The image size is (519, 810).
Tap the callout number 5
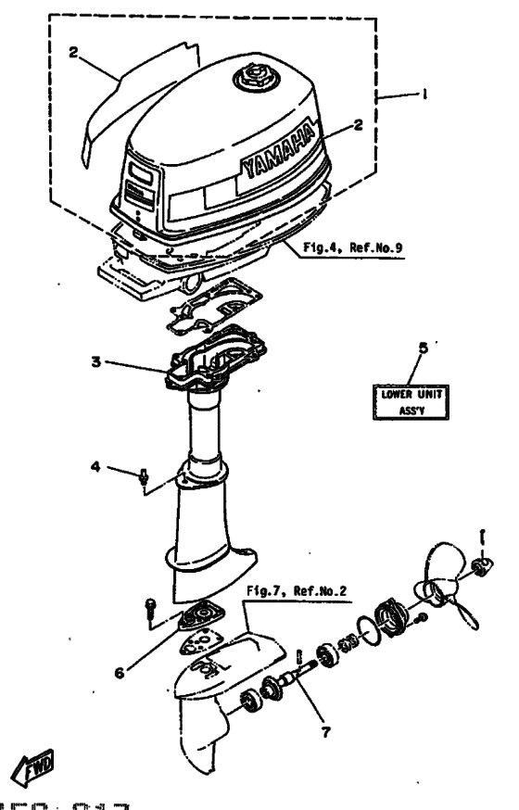pos(423,349)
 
